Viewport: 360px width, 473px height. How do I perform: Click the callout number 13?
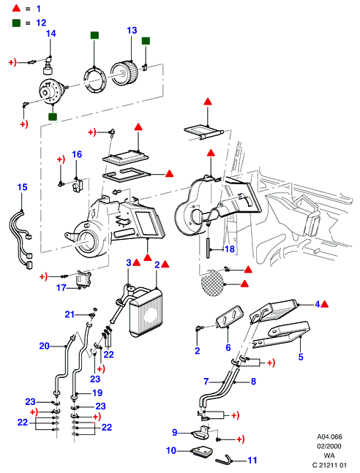coord(132,31)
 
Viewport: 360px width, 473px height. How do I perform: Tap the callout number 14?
coord(51,34)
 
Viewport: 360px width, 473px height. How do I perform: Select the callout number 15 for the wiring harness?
coord(23,187)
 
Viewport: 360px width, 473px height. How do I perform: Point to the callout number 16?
coord(77,154)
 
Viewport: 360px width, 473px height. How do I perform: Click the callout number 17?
coord(61,288)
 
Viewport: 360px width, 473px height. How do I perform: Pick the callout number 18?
coord(230,249)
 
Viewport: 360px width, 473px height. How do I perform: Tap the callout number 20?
coord(45,346)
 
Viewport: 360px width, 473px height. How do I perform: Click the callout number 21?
coord(70,314)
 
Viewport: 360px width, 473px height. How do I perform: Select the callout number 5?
coord(301,357)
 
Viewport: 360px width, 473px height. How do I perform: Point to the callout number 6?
coord(228,347)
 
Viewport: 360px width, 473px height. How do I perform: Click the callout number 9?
coord(175,432)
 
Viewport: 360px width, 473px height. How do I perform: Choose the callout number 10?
coord(171,450)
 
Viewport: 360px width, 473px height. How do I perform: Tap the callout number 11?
coord(252,460)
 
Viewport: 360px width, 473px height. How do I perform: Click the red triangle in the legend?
coord(16,8)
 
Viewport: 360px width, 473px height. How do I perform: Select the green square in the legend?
coord(16,23)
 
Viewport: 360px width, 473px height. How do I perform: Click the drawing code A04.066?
coord(329,436)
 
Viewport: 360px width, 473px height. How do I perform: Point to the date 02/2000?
coord(329,446)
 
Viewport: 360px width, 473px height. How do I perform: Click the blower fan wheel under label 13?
coord(124,72)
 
